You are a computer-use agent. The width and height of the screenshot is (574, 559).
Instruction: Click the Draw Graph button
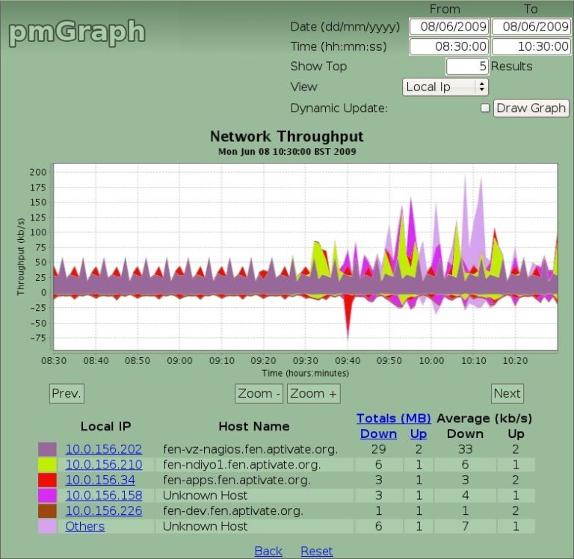(531, 108)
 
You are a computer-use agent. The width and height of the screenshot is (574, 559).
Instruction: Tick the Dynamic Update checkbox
(485, 108)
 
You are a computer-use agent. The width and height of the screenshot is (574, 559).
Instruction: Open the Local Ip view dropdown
(445, 87)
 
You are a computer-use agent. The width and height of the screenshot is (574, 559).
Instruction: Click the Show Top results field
(467, 67)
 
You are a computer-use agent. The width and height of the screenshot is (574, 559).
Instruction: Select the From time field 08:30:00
(449, 46)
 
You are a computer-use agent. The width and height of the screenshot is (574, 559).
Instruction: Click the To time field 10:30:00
(531, 46)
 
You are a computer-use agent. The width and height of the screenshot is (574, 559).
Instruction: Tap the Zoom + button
(314, 393)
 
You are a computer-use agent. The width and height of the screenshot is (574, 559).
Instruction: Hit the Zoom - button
(259, 393)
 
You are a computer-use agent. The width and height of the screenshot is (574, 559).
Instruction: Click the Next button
(507, 393)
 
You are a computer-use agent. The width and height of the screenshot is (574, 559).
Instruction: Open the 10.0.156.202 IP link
(103, 449)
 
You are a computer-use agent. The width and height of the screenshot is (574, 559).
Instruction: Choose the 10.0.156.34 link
(100, 480)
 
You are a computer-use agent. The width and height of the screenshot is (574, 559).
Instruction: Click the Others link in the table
(84, 526)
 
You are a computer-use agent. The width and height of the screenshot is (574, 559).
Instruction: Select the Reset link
(316, 551)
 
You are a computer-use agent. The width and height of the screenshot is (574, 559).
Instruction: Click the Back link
(268, 551)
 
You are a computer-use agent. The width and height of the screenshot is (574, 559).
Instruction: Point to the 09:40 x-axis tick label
(346, 360)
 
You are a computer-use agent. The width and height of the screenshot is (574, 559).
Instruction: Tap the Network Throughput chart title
(287, 136)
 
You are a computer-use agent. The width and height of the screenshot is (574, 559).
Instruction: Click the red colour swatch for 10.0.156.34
(47, 480)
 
